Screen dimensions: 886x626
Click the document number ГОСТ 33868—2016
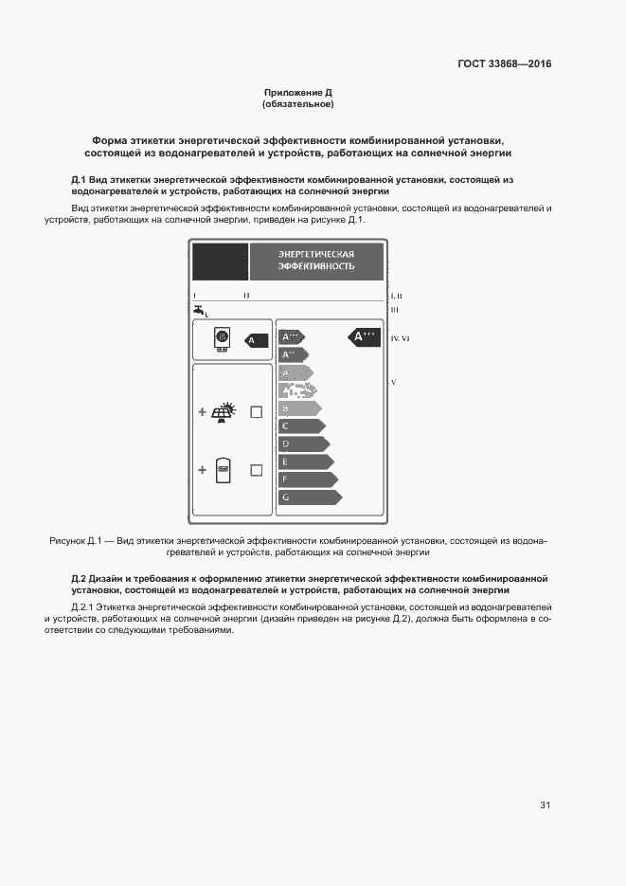pos(505,64)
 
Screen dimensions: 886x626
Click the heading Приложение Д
pos(298,93)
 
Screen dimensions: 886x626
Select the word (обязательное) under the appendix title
pos(298,104)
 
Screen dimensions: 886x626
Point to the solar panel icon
pos(224,412)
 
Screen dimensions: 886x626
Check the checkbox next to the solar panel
pos(256,412)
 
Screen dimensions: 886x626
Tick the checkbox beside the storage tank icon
pos(256,470)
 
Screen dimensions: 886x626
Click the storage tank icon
pos(224,470)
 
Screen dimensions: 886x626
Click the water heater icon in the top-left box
pos(222,339)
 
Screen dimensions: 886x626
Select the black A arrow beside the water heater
pos(253,339)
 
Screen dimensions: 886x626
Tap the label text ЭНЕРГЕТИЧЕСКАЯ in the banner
pos(315,254)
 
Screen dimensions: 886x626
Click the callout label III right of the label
pos(395,309)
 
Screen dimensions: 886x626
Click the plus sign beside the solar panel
pos(202,412)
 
